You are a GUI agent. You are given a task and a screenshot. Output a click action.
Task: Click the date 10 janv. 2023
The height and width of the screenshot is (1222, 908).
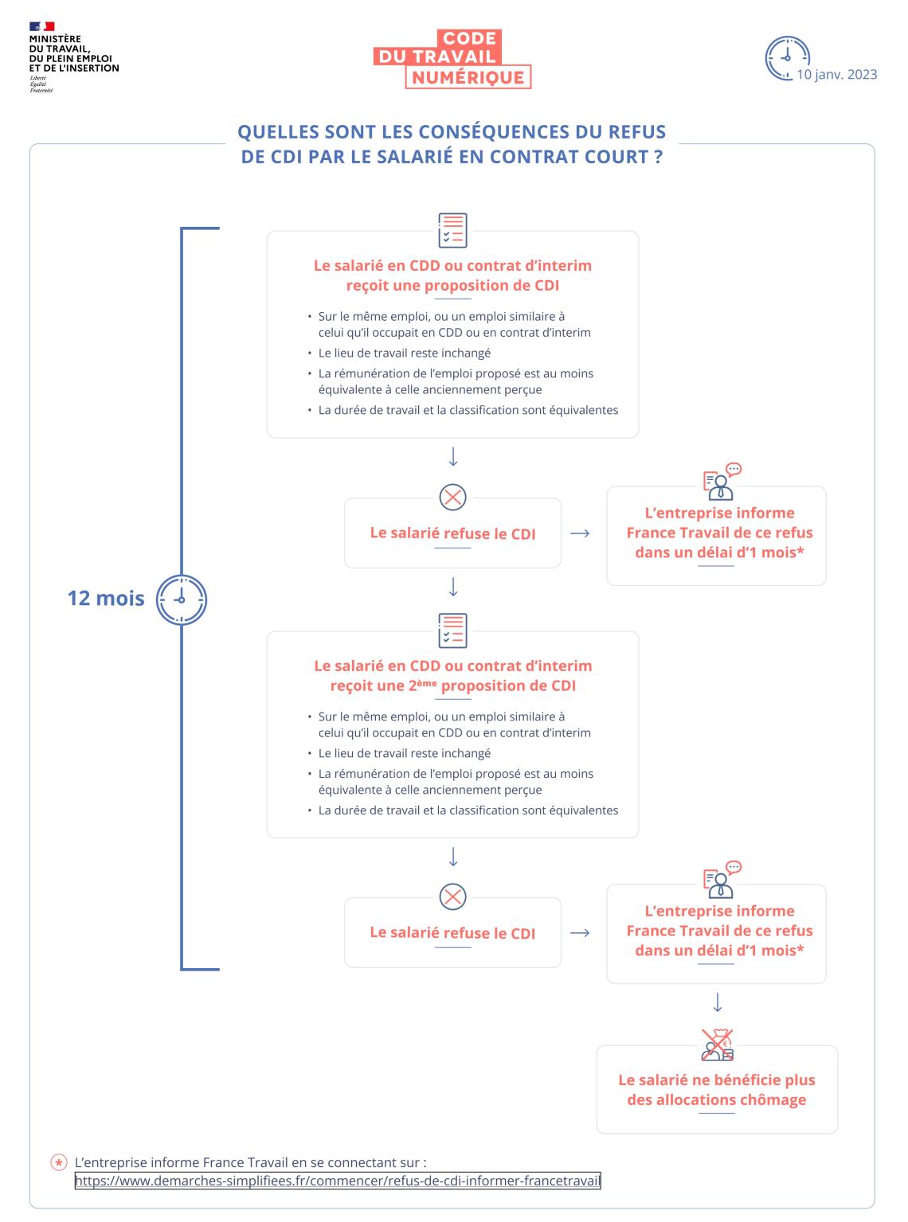(836, 75)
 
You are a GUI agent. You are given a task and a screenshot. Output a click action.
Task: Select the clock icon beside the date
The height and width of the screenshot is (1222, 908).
(786, 58)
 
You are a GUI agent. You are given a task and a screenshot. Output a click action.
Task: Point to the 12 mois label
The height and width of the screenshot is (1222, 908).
(105, 598)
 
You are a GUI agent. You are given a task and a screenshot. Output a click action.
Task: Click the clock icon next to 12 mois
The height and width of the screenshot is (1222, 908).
(182, 599)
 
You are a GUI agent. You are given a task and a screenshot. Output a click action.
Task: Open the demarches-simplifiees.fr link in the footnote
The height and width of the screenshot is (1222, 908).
(338, 1181)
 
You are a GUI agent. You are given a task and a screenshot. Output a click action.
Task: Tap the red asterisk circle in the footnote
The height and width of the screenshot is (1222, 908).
(58, 1163)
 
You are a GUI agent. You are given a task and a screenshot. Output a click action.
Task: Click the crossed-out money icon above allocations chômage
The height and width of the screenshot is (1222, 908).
(717, 1044)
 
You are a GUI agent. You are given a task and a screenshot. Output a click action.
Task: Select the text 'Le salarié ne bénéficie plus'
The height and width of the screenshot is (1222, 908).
(717, 1080)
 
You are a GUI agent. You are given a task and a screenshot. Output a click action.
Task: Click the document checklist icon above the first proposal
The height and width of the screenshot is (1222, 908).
(452, 230)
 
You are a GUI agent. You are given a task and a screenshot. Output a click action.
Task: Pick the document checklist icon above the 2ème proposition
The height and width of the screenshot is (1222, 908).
(452, 631)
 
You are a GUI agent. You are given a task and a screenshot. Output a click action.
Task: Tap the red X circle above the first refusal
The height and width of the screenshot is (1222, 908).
(452, 498)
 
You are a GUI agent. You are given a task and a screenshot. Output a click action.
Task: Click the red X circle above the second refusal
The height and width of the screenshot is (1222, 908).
(452, 897)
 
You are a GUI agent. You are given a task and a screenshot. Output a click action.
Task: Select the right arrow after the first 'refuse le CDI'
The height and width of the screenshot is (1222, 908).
(580, 533)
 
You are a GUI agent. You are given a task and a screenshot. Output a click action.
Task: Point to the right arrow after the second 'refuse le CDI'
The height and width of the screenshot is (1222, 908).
(580, 933)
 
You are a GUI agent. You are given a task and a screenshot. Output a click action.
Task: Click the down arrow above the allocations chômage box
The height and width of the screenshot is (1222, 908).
(717, 1003)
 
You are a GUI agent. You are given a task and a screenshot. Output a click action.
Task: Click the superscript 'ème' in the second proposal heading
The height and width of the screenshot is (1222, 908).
(426, 682)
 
